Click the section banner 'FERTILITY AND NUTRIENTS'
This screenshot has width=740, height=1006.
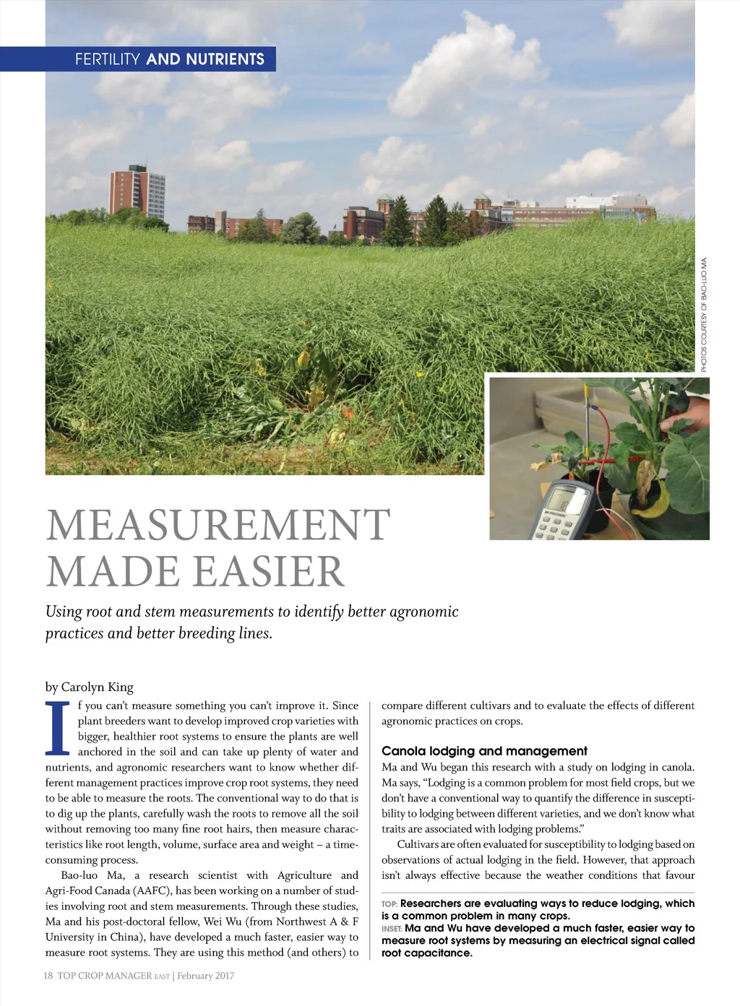(x=169, y=59)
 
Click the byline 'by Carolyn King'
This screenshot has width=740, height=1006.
(x=89, y=687)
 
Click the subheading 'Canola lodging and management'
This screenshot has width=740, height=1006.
(x=484, y=751)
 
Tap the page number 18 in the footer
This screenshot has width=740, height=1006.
(x=48, y=976)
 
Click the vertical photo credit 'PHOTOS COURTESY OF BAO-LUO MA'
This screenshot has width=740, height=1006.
(x=704, y=315)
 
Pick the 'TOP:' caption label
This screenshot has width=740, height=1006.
(x=390, y=904)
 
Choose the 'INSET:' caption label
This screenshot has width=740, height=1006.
(x=392, y=929)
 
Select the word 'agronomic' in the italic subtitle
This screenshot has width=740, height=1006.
(x=423, y=612)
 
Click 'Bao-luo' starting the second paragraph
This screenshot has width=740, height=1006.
(x=79, y=875)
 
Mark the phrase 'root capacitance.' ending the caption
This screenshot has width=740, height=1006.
(x=426, y=953)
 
